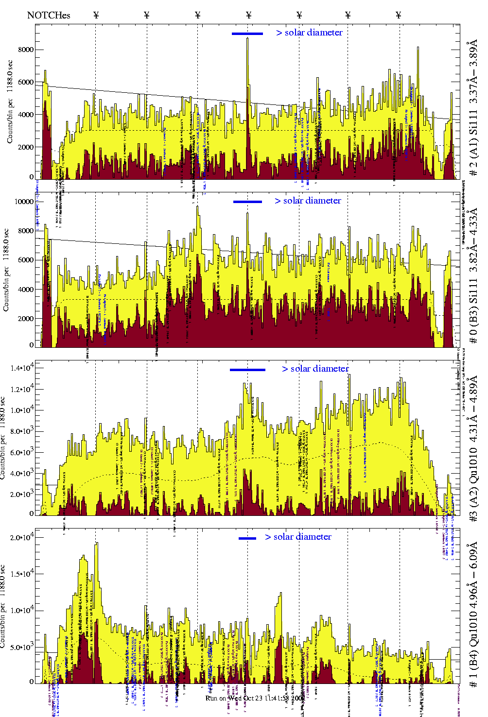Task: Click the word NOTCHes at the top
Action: coord(49,15)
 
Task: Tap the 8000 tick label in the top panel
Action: coord(26,50)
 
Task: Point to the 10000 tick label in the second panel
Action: coord(24,202)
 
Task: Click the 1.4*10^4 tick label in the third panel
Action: coord(22,368)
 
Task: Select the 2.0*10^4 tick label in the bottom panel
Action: coord(22,537)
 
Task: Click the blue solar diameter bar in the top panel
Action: coord(247,34)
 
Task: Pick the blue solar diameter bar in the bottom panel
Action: coord(247,538)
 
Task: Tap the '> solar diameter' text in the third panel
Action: coord(315,369)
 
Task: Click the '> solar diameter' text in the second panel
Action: coord(308,201)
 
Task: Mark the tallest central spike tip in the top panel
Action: coord(247,38)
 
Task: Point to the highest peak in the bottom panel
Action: coord(97,543)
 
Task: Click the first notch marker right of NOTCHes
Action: coord(96,15)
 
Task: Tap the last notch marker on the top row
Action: coord(399,15)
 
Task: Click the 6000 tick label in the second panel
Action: coord(26,260)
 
